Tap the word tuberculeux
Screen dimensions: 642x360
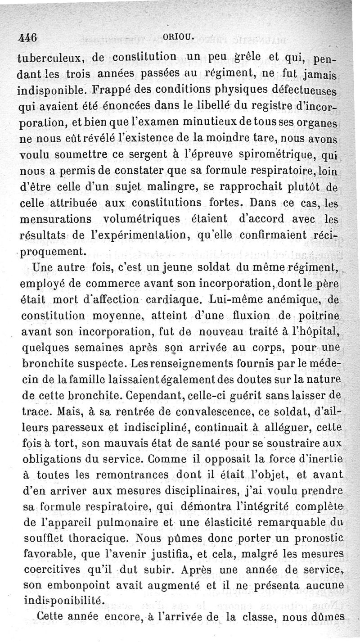[x=51, y=58]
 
